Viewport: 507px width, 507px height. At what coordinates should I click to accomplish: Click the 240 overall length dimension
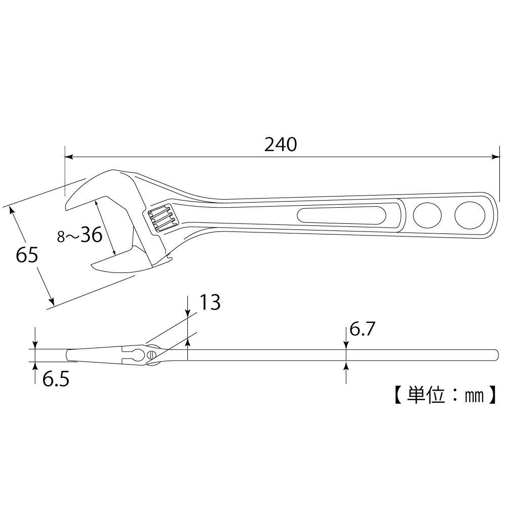click(x=280, y=145)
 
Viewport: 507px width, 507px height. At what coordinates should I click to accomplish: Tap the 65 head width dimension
click(x=27, y=255)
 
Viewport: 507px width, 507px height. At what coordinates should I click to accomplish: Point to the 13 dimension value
click(x=209, y=303)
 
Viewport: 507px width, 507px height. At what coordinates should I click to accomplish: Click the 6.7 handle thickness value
click(x=362, y=331)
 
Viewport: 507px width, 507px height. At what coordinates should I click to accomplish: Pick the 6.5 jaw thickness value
click(x=55, y=379)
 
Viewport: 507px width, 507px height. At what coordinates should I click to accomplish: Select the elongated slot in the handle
click(x=341, y=215)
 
